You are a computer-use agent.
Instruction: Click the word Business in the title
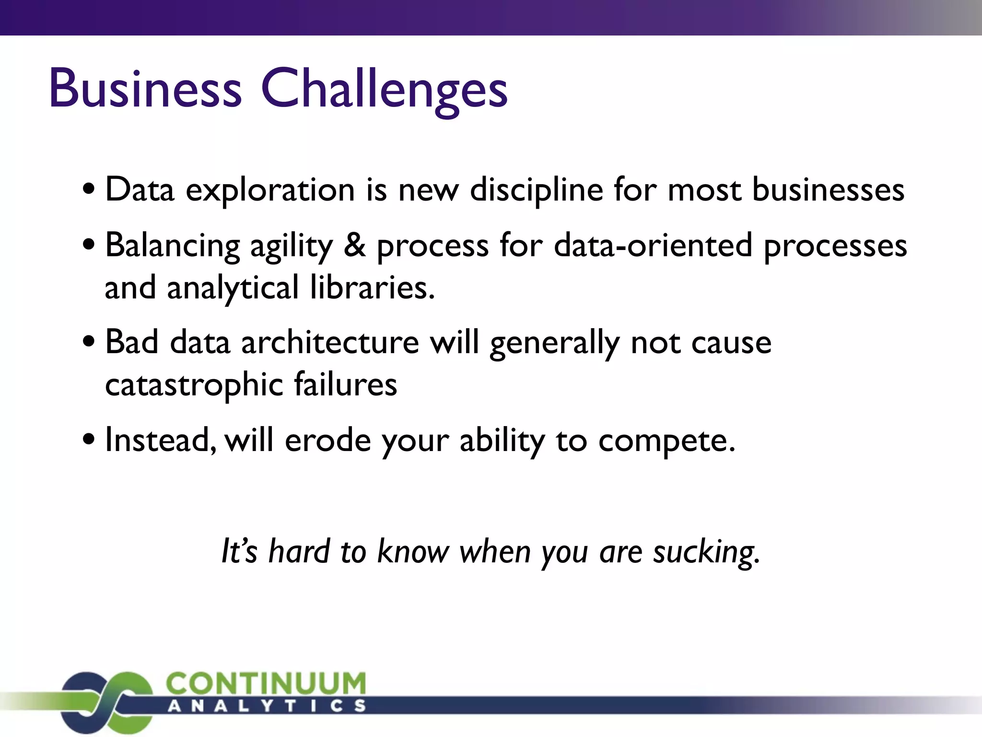[145, 89]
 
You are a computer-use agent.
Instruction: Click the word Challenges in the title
[384, 89]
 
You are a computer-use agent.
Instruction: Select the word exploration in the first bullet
[270, 190]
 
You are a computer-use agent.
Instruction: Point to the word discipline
[536, 190]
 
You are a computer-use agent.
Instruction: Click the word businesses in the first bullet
[828, 189]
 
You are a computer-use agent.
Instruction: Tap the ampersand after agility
[354, 245]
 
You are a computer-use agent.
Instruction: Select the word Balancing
[172, 246]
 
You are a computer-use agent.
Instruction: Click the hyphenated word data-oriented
[653, 245]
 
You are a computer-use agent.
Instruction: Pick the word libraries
[372, 288]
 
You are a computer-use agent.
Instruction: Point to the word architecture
[330, 343]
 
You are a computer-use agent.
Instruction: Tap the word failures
[345, 384]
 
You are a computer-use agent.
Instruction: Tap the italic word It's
[239, 551]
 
